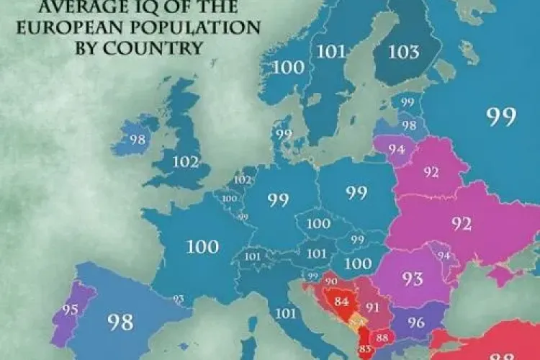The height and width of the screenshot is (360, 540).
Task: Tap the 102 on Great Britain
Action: [x=186, y=161]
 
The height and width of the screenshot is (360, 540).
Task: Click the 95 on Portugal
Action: [x=70, y=311]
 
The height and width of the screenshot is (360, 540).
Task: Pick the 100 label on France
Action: [x=202, y=247]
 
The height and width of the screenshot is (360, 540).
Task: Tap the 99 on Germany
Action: [x=279, y=199]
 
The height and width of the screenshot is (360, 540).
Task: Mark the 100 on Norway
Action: [x=288, y=67]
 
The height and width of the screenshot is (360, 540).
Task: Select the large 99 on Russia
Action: [x=501, y=117]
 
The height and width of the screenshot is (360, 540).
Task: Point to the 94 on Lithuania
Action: [x=395, y=150]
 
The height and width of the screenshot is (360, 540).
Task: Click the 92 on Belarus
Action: [x=432, y=173]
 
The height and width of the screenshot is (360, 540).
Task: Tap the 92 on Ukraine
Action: [x=462, y=223]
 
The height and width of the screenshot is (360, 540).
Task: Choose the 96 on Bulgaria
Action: [x=416, y=323]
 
